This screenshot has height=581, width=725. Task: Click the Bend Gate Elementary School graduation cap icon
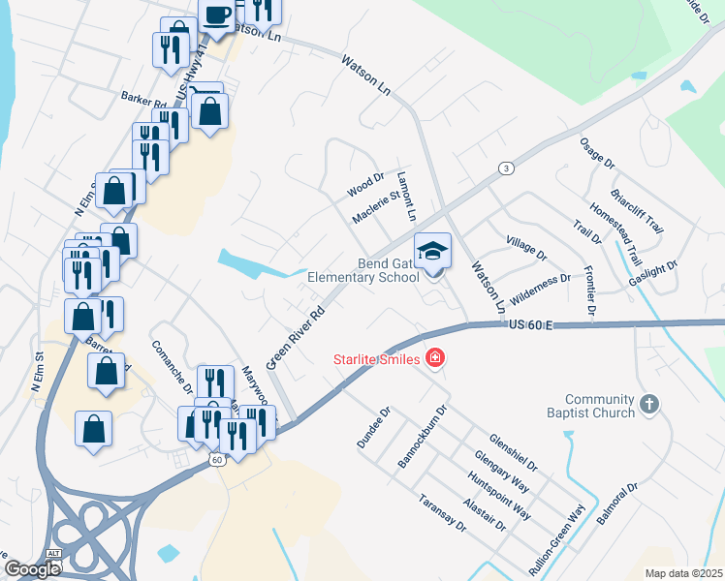coord(433,251)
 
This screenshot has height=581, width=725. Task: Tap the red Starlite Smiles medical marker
coord(435,359)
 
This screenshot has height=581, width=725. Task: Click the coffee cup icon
coord(216,15)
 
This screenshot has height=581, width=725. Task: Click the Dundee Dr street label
coord(373,426)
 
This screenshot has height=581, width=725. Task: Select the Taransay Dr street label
coord(443,513)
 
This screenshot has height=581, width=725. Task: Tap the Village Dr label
coord(527,248)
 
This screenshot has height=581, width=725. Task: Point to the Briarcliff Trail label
coord(637,205)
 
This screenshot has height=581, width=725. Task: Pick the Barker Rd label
coord(144,97)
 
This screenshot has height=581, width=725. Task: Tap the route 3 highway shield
coord(506,168)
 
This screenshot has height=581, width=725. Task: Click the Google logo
coord(32,569)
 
